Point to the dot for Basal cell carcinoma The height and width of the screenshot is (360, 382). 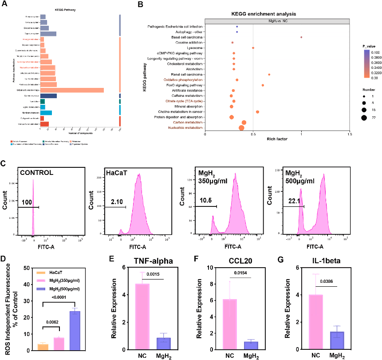pos(301,37)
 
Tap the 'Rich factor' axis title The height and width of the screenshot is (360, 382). pos(277,139)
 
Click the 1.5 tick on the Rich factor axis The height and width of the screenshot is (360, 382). pos(350,134)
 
